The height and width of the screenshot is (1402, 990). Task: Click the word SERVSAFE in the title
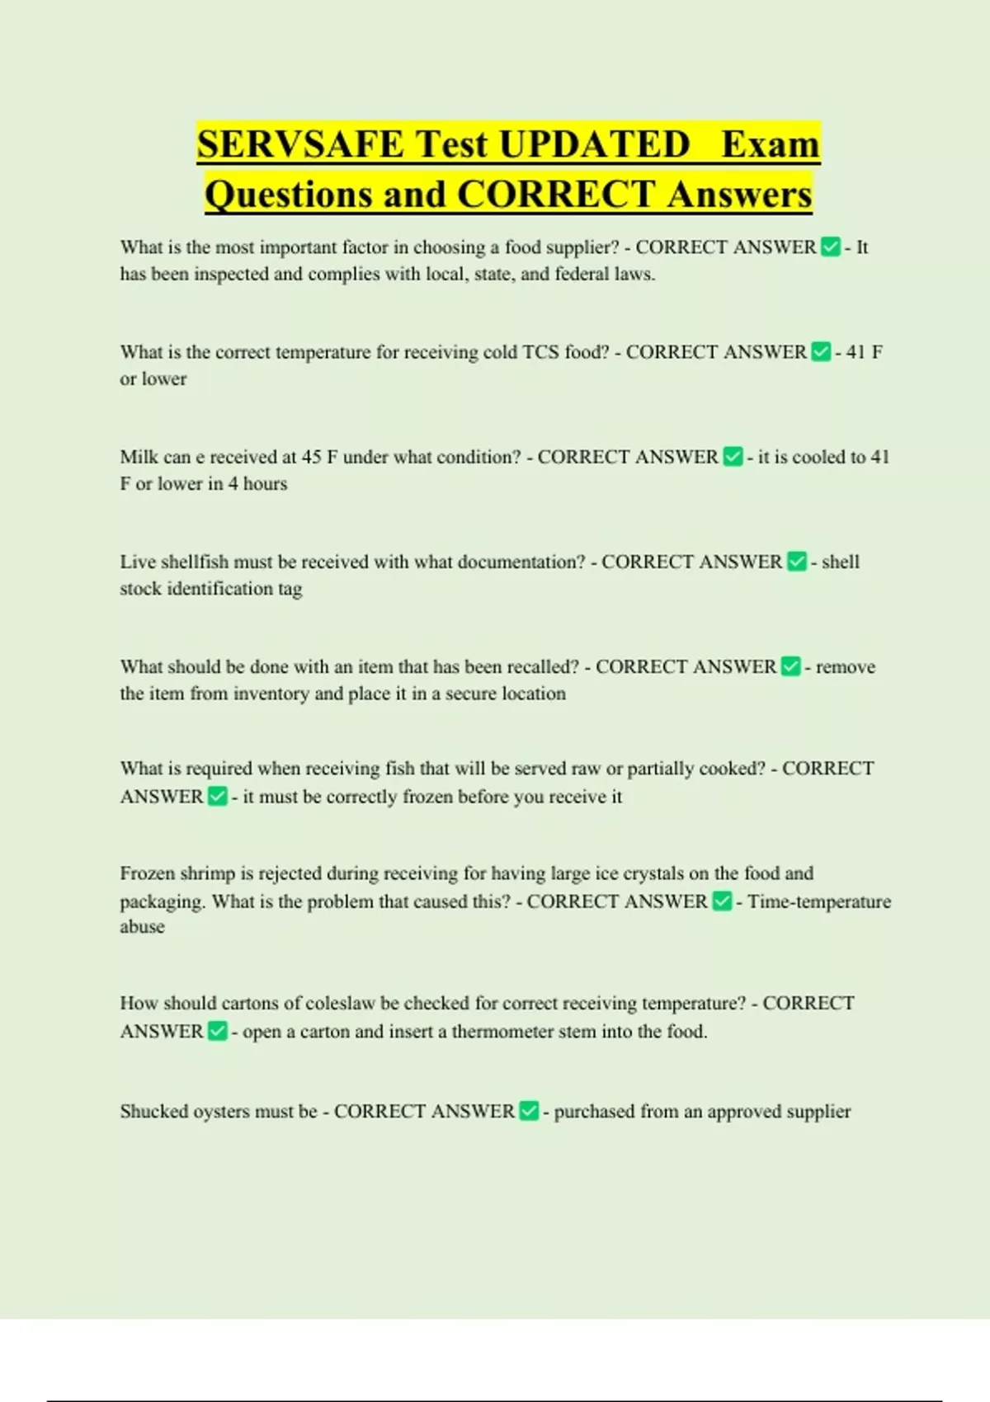point(300,144)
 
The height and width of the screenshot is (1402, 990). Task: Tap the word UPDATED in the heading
point(594,144)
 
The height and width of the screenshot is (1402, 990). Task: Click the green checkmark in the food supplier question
point(831,247)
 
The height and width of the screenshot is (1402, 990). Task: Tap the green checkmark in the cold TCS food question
point(821,352)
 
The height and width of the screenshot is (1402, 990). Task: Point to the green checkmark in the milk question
point(733,457)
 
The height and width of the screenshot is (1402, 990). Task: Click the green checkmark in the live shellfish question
point(796,562)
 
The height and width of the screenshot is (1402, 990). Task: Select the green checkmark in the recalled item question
point(790,666)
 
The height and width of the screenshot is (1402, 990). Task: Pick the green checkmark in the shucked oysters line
point(529,1111)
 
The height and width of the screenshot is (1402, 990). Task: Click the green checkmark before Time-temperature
point(722,901)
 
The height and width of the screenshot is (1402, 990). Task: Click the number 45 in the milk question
point(311,457)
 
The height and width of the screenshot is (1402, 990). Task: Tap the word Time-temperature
point(819,901)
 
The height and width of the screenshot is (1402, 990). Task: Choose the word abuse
point(142,927)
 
